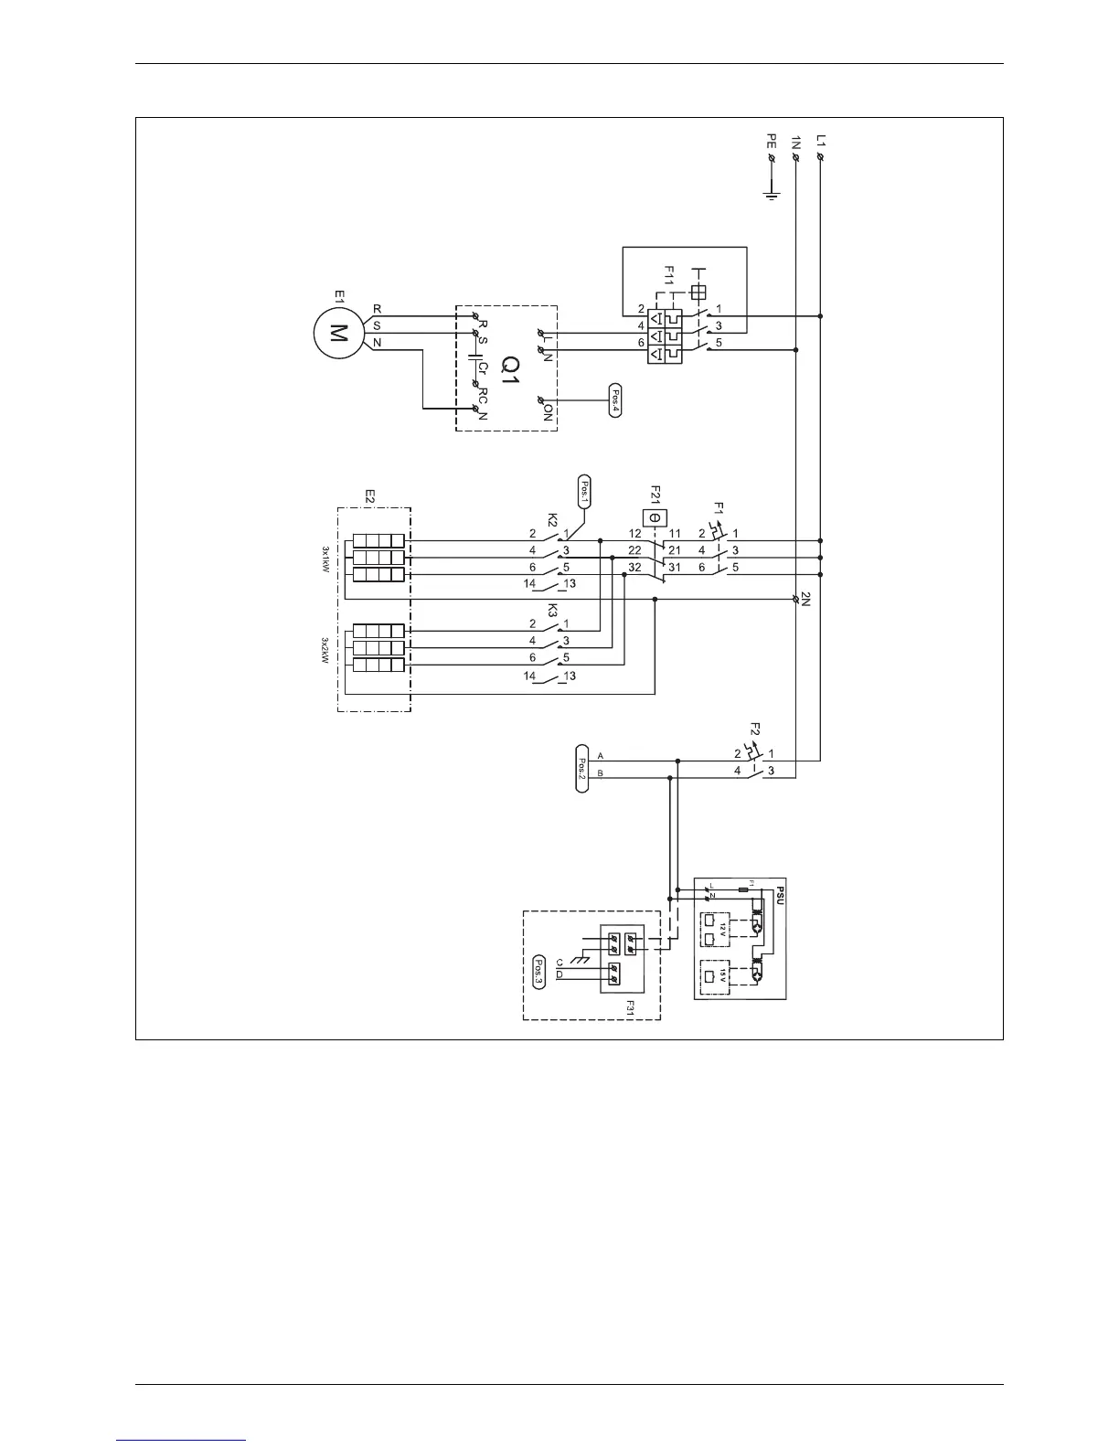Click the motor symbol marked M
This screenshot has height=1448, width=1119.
pos(337,333)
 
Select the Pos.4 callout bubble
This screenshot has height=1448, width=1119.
pos(614,399)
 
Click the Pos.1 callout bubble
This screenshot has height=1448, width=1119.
pos(585,492)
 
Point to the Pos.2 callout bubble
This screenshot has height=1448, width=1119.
pos(582,768)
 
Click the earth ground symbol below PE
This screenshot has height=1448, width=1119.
pos(771,194)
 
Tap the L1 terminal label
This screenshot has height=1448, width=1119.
pos(821,142)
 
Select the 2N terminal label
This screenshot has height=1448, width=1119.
pos(806,601)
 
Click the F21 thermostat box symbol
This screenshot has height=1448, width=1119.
pos(654,518)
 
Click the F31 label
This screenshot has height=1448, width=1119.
pos(629,1006)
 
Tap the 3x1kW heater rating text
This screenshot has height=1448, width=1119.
pos(325,558)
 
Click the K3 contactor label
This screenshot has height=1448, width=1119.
pos(552,610)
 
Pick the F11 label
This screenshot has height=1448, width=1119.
pos(669,275)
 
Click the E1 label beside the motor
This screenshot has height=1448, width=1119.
pos(338,296)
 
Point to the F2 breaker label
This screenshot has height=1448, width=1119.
pos(754,729)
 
